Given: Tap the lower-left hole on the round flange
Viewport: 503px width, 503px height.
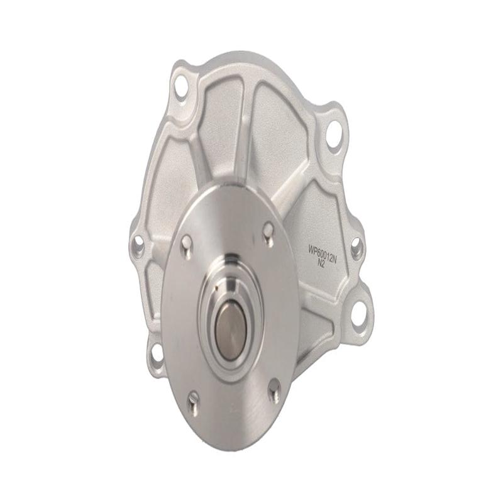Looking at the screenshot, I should click(x=194, y=397).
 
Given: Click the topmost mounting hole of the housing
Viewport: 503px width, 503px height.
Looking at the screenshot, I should click(x=182, y=87).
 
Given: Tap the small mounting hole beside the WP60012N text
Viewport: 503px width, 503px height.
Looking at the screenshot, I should click(x=356, y=247).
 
